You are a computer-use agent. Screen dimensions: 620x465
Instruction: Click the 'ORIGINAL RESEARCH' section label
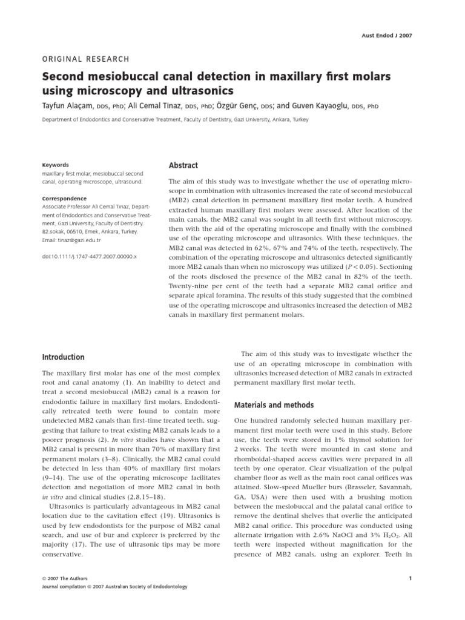(85, 59)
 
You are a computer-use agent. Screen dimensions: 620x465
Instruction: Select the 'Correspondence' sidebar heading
(64, 199)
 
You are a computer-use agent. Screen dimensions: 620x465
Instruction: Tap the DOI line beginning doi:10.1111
(89, 256)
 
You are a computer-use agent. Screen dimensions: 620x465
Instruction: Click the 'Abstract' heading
(183, 165)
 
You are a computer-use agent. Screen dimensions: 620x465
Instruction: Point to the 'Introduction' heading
(63, 357)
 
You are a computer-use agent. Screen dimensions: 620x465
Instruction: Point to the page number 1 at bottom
(410, 579)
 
